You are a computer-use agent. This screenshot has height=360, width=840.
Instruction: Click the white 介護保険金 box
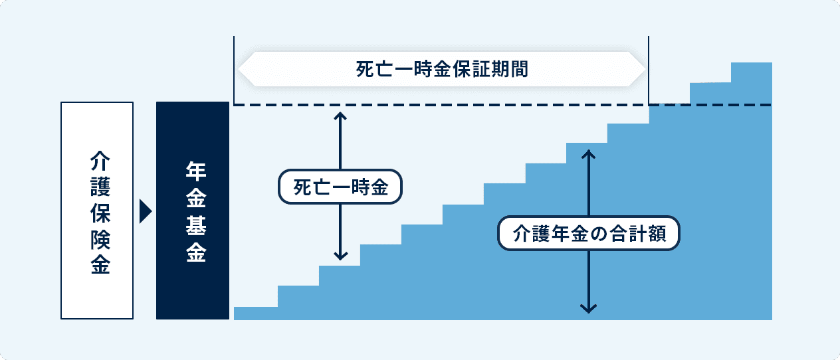97,211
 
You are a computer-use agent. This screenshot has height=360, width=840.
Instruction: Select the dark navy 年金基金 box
193,211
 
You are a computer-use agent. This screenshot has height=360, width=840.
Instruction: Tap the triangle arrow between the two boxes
146,212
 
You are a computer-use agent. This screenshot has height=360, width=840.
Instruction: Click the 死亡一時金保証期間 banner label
442,69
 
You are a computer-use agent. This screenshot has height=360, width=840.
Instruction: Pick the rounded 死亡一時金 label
340,187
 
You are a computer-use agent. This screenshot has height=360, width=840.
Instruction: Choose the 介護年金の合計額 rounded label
589,233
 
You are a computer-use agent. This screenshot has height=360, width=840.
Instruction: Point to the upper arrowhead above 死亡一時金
340,116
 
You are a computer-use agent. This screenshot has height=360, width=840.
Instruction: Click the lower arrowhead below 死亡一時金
340,256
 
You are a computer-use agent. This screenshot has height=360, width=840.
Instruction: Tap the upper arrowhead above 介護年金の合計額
588,154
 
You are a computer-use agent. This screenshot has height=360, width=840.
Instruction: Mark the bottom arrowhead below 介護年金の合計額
588,309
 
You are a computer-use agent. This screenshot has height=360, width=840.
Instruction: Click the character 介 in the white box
100,161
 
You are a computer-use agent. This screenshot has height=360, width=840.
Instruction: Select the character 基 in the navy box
196,226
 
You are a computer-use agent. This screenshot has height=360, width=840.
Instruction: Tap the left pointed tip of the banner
239,69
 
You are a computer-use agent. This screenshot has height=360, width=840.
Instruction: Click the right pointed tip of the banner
645,69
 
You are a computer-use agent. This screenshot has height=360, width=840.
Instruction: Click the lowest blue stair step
256,314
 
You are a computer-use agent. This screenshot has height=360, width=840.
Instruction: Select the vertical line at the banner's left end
234,70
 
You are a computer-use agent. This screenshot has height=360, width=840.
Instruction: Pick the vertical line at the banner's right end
649,70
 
